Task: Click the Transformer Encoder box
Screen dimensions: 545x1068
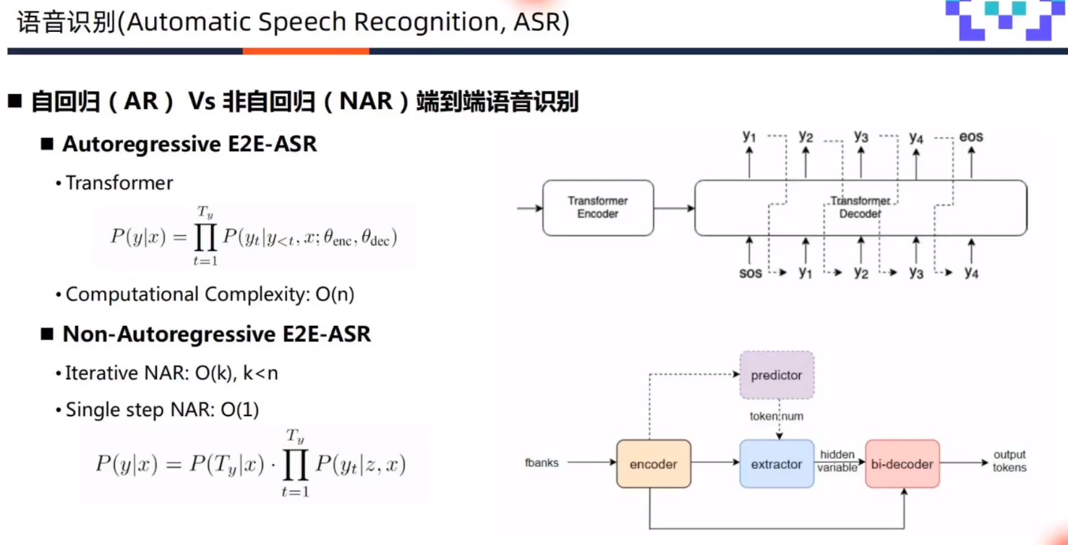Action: pyautogui.click(x=598, y=208)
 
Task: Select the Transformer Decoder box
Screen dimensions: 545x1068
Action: pyautogui.click(x=860, y=208)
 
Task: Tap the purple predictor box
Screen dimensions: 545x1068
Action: pyautogui.click(x=777, y=375)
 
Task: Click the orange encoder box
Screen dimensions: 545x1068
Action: pyautogui.click(x=653, y=464)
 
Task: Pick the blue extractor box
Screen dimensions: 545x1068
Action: pyautogui.click(x=777, y=464)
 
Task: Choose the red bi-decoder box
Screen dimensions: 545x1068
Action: pyautogui.click(x=902, y=464)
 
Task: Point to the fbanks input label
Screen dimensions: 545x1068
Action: pyautogui.click(x=542, y=462)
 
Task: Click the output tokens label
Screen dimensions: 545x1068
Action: pyautogui.click(x=1009, y=461)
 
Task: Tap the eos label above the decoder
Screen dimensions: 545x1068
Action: pyautogui.click(x=970, y=136)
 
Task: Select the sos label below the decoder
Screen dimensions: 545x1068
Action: pyautogui.click(x=750, y=273)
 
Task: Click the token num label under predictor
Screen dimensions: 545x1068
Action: pyautogui.click(x=777, y=416)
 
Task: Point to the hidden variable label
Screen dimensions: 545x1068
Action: pyautogui.click(x=837, y=461)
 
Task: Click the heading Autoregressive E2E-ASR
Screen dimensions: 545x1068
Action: pyautogui.click(x=189, y=144)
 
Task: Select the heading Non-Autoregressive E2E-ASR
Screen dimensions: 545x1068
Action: pyautogui.click(x=216, y=334)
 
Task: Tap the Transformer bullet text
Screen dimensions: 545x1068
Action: pyautogui.click(x=119, y=183)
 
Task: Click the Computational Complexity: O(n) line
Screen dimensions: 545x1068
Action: pyautogui.click(x=210, y=295)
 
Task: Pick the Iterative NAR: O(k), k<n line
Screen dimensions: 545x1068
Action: pyautogui.click(x=171, y=373)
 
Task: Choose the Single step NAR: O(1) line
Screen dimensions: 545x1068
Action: pyautogui.click(x=162, y=410)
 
